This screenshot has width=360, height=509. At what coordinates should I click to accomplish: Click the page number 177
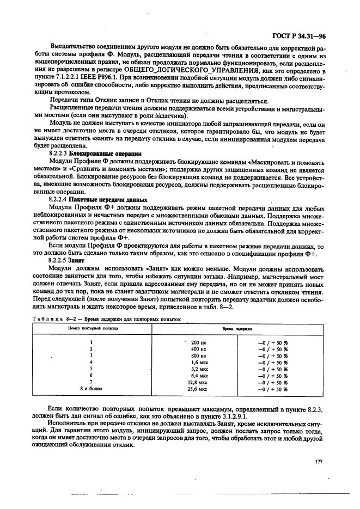pyautogui.click(x=319, y=462)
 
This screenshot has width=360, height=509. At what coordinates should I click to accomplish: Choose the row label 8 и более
pyautogui.click(x=91, y=389)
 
